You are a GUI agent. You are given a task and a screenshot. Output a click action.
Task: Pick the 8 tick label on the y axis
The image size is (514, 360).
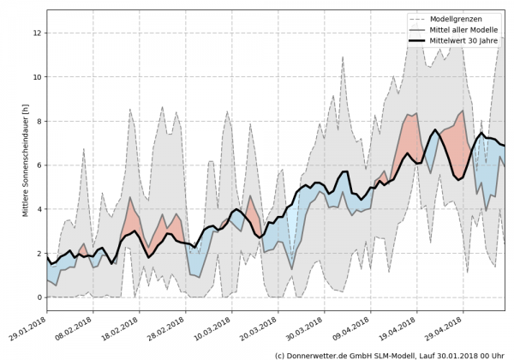(39, 121)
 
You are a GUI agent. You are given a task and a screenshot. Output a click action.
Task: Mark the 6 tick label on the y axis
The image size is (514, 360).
(39, 165)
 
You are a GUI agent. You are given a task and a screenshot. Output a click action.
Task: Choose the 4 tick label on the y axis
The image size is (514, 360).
(39, 209)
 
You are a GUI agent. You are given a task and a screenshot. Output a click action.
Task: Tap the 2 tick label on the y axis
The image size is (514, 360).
(39, 254)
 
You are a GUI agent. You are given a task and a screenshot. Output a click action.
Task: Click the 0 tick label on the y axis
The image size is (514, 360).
(39, 297)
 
